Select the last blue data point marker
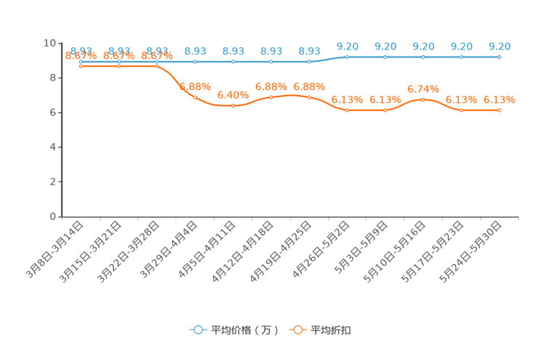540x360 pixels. click(x=499, y=57)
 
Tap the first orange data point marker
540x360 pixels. click(x=81, y=67)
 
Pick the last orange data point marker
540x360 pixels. click(x=499, y=110)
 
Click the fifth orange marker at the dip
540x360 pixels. click(x=233, y=106)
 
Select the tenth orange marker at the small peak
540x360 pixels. click(x=423, y=99)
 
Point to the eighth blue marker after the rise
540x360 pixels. click(x=348, y=57)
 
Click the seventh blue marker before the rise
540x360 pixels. click(x=309, y=62)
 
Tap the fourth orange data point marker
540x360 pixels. click(x=195, y=97)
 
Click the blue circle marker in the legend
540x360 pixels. click(x=198, y=330)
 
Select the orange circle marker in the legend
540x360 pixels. click(x=298, y=330)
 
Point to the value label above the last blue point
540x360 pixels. click(x=499, y=46)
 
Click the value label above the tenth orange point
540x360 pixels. click(x=423, y=89)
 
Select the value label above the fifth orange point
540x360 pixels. click(x=233, y=95)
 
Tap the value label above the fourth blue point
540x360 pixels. click(x=195, y=51)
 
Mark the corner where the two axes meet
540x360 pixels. click(x=62, y=216)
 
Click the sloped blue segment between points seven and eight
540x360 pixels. click(x=329, y=59)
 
